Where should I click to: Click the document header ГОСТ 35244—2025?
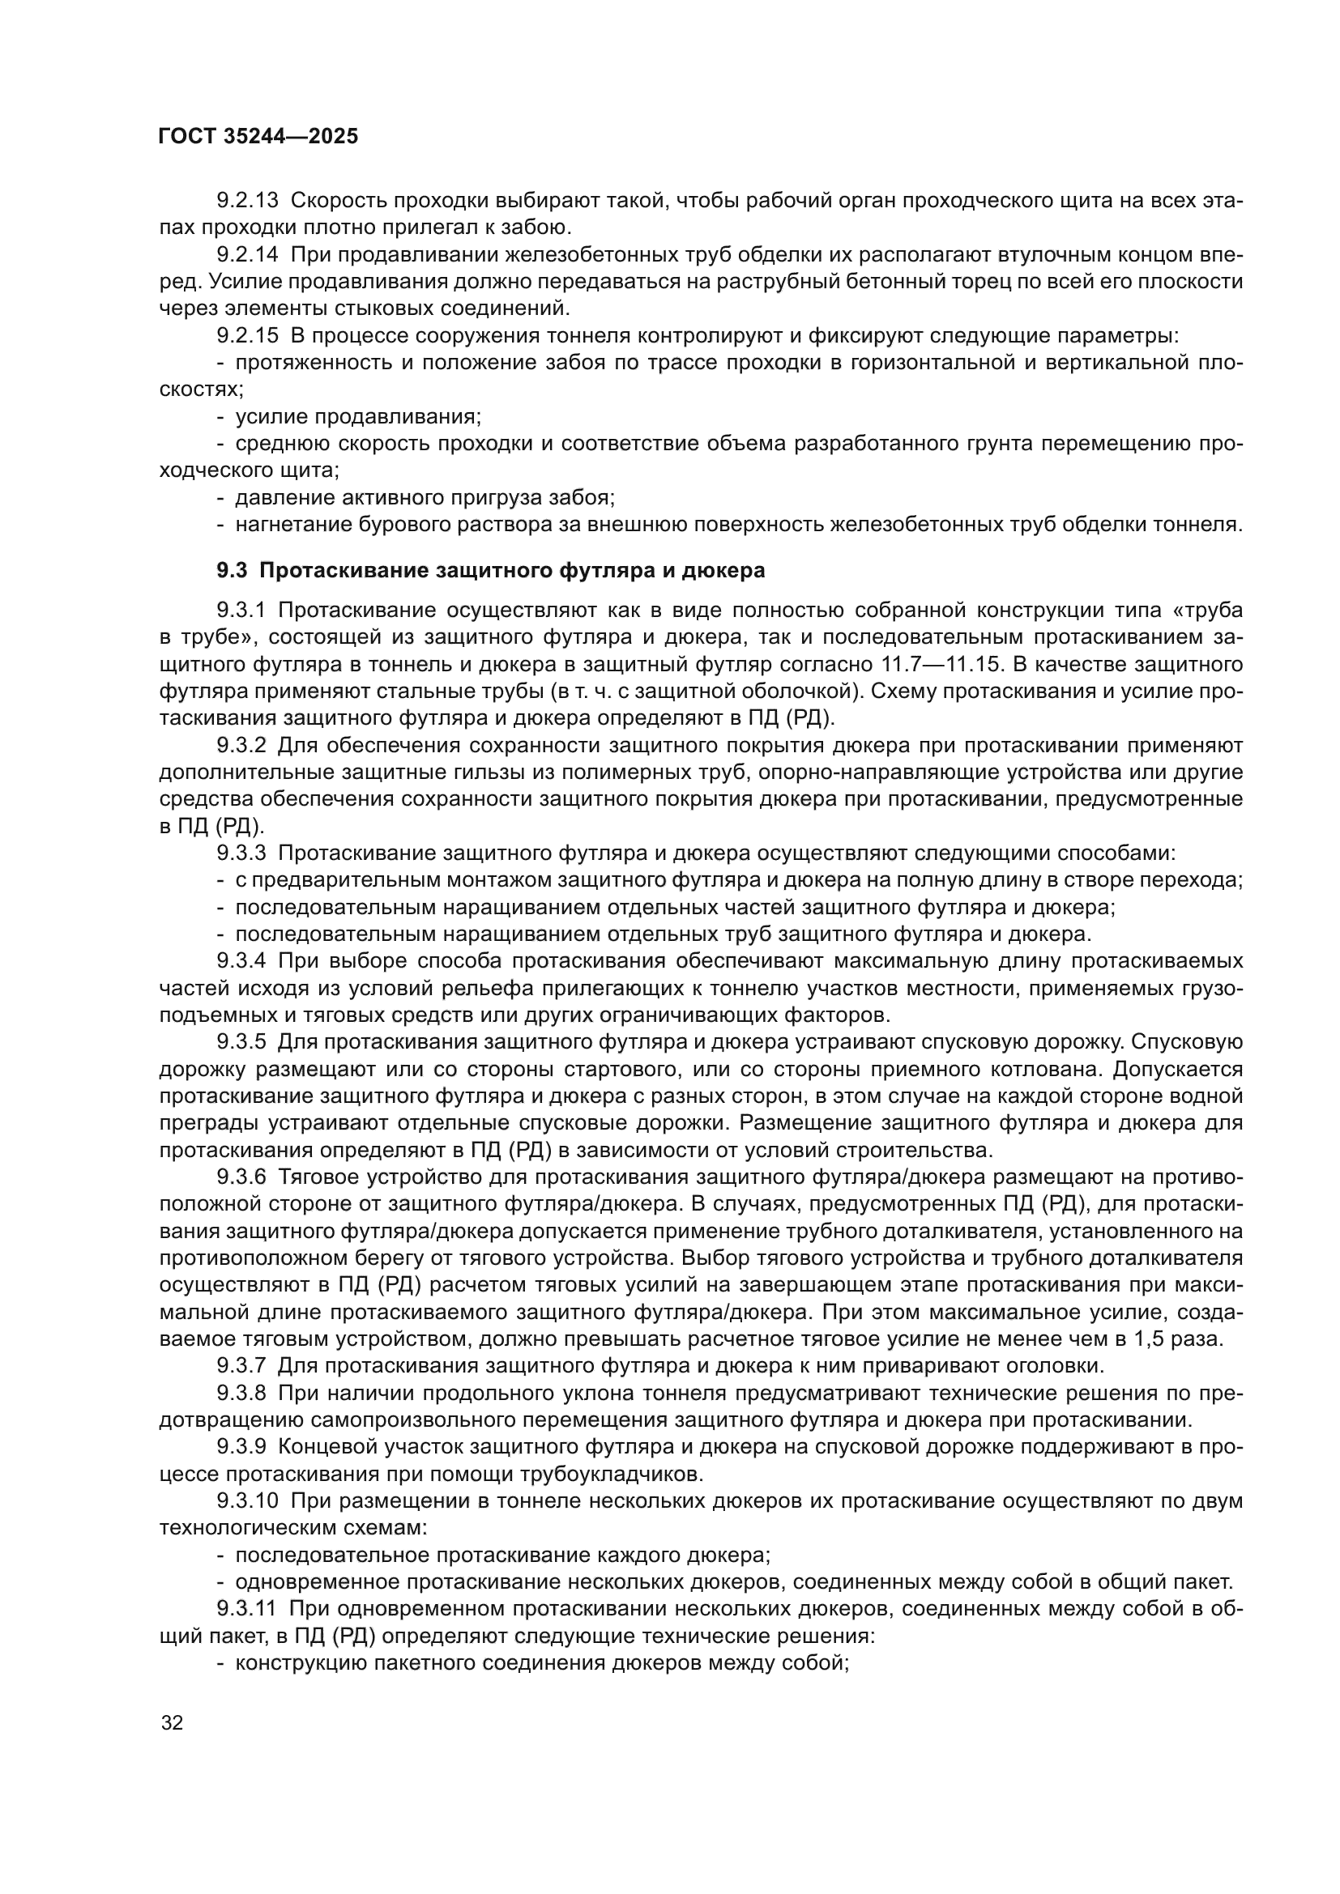(258, 137)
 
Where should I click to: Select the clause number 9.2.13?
(248, 201)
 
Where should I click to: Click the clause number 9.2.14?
(248, 255)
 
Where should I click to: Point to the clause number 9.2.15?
(248, 336)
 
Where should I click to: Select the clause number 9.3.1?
(241, 611)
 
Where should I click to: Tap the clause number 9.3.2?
(241, 746)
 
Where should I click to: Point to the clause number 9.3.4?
(241, 962)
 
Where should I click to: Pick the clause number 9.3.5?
(241, 1043)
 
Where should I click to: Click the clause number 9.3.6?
(241, 1178)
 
